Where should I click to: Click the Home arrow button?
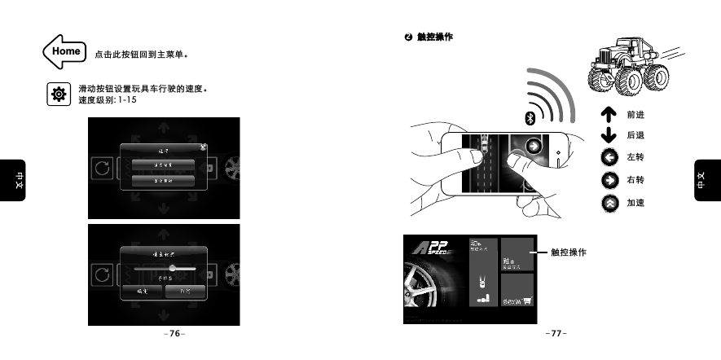coord(64,51)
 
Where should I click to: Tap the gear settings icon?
coord(58,94)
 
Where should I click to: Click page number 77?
coord(556,333)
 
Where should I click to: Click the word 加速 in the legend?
coord(635,202)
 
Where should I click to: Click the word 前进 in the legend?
coord(635,116)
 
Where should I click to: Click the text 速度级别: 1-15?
coord(107,100)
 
